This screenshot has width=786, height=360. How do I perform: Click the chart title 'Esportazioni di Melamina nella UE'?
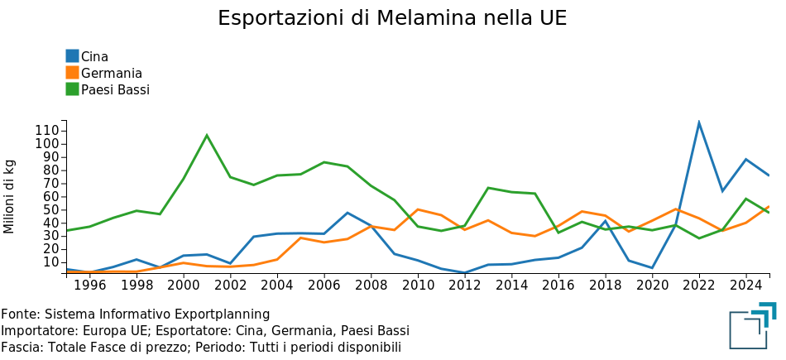392,18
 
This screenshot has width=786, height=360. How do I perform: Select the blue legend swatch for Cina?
72,56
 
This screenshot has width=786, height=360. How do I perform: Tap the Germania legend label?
112,73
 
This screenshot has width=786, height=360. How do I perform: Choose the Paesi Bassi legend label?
115,89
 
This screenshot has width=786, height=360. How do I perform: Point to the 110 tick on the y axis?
48,131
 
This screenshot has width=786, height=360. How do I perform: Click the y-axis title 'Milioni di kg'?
10,196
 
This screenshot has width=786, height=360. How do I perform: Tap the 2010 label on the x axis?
418,286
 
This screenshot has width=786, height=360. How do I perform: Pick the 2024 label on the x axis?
745,286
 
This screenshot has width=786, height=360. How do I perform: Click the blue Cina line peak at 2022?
699,122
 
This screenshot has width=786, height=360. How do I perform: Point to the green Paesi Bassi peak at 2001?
207,135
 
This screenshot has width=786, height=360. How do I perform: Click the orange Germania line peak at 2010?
418,209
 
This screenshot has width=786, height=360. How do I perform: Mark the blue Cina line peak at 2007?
347,213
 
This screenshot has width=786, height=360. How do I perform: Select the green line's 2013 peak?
488,188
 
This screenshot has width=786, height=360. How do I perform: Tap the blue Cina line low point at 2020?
652,268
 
